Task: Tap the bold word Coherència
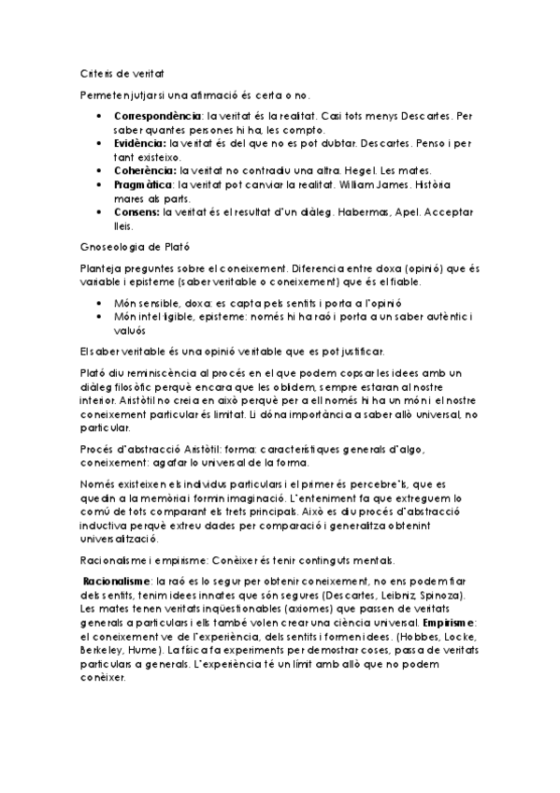(x=144, y=171)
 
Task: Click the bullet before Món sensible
(x=99, y=304)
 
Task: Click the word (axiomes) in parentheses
(x=297, y=609)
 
